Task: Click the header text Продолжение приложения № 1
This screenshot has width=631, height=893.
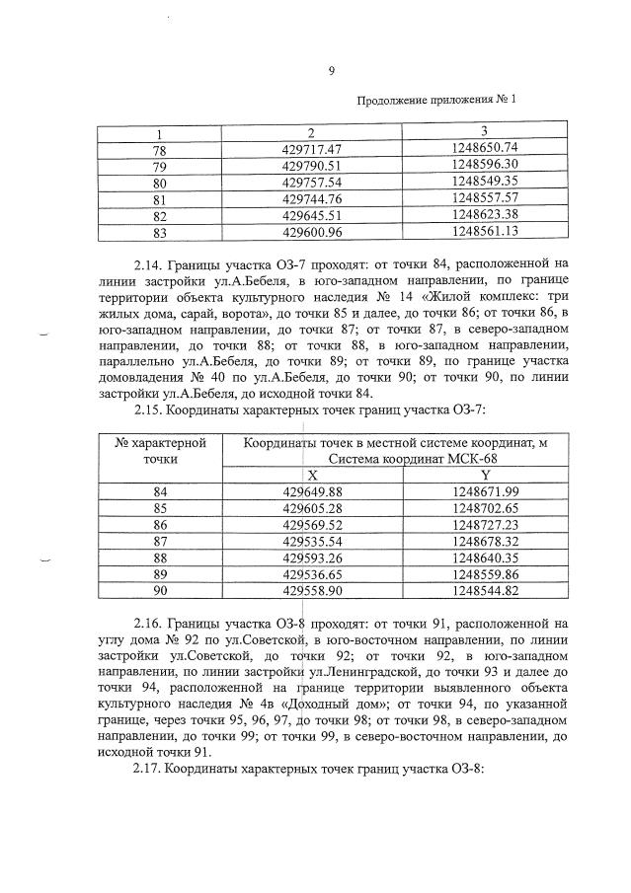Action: (x=435, y=100)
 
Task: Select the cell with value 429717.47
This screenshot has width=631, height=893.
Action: (x=311, y=148)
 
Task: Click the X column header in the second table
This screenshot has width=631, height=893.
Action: (x=312, y=476)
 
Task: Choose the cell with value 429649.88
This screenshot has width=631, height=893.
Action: (x=311, y=492)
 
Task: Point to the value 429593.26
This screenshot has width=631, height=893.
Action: (x=311, y=558)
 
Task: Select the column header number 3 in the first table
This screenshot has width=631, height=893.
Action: (x=484, y=132)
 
